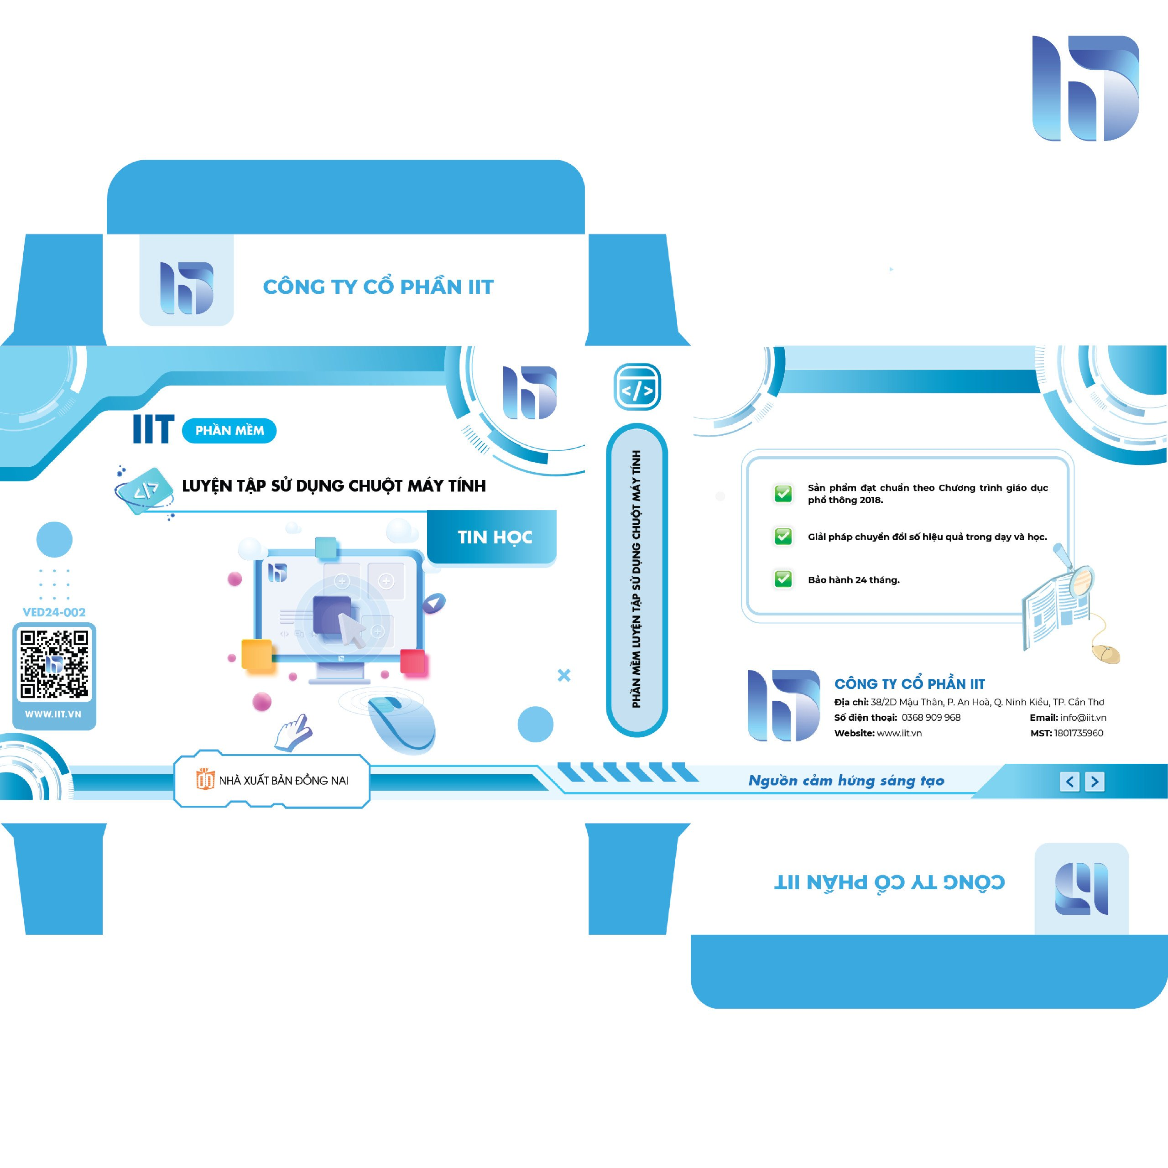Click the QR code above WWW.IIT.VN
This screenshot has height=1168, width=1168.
pyautogui.click(x=54, y=664)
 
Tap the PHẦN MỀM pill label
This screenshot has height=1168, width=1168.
pyautogui.click(x=229, y=430)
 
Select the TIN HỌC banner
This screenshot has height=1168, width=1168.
pyautogui.click(x=492, y=537)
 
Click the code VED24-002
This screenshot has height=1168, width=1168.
pyautogui.click(x=54, y=612)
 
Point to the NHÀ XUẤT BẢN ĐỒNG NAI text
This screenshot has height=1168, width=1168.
pyautogui.click(x=283, y=781)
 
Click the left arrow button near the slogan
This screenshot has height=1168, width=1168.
pyautogui.click(x=1069, y=782)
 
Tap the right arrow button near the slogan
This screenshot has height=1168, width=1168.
pyautogui.click(x=1094, y=782)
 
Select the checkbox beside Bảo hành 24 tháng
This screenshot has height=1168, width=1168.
pyautogui.click(x=783, y=579)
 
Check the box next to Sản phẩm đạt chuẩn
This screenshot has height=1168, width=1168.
pyautogui.click(x=783, y=493)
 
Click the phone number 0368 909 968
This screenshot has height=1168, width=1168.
pyautogui.click(x=931, y=718)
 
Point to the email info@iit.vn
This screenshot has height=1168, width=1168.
pyautogui.click(x=1083, y=718)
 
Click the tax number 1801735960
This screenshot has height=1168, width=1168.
pyautogui.click(x=1079, y=733)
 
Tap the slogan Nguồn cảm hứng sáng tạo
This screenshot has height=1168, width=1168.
pyautogui.click(x=846, y=781)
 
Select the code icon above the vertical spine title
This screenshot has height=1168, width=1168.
pyautogui.click(x=637, y=387)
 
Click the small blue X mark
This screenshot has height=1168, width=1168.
pyautogui.click(x=564, y=675)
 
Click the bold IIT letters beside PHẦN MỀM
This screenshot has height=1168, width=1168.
pyautogui.click(x=154, y=429)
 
